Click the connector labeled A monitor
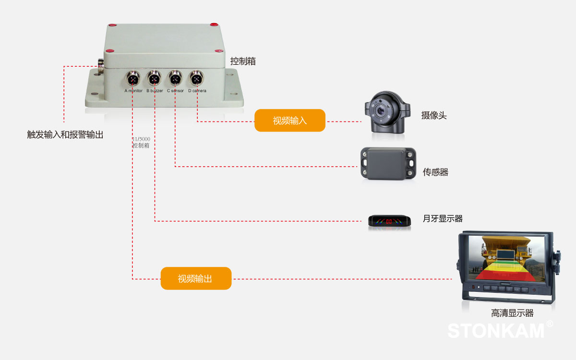132,78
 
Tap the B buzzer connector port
154,78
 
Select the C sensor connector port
175,78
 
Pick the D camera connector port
196,78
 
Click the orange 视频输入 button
290,120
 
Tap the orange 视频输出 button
196,278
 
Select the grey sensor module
388,164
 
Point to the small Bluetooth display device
389,221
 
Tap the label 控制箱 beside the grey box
243,61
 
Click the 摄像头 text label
434,115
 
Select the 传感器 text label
435,172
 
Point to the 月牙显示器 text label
443,219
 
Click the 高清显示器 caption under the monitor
512,313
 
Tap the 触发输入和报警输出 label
65,135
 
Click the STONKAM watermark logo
497,331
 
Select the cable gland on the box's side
101,66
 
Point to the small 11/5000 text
142,139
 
